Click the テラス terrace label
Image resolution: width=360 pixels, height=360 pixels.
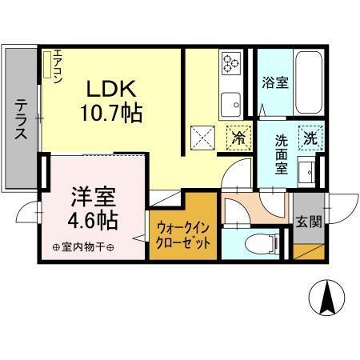click(x=21, y=120)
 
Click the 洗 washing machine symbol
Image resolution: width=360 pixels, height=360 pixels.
click(x=310, y=136)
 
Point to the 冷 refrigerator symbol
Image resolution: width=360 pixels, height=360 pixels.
click(x=238, y=137)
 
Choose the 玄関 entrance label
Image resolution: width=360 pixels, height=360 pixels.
click(x=307, y=221)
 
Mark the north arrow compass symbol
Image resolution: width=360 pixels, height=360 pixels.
click(x=326, y=298)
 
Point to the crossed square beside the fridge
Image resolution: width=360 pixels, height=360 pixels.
click(x=202, y=137)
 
